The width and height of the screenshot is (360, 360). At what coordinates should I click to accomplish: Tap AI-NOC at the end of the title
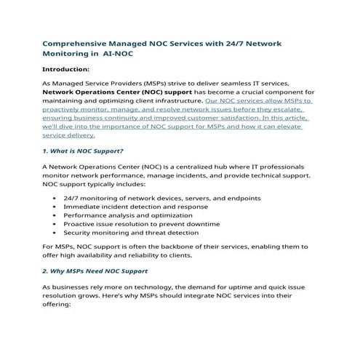[118, 53]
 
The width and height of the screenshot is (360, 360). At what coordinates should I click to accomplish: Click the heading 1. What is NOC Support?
[83, 151]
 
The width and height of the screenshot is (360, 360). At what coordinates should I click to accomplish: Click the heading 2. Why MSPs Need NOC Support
[95, 270]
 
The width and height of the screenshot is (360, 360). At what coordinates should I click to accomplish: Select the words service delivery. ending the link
[69, 134]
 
